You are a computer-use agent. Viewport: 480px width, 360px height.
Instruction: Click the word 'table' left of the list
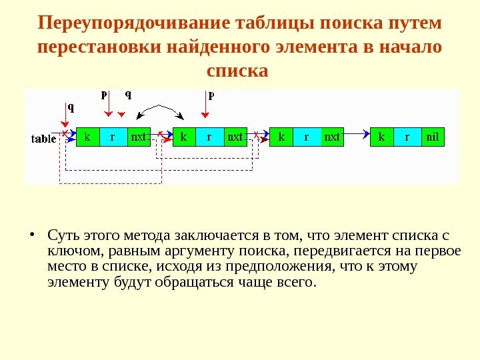45,139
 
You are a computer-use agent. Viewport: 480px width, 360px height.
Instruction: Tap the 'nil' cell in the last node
432,137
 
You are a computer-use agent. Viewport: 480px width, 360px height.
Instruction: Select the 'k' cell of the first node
87,137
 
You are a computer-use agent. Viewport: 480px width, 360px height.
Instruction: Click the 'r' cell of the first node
113,137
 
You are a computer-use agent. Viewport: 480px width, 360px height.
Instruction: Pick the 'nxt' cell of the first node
139,137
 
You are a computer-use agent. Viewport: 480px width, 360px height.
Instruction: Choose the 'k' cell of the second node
184,137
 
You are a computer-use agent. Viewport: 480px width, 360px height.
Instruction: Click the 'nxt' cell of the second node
235,137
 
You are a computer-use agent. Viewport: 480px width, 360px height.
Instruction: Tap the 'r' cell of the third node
307,137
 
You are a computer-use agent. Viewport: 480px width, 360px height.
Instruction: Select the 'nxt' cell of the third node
332,137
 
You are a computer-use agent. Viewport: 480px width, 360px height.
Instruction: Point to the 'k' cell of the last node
382,137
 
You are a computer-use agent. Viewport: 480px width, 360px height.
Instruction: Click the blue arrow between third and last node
357,135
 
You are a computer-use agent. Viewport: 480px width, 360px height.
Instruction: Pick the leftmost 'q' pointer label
71,106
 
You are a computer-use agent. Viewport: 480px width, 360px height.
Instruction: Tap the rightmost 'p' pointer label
211,95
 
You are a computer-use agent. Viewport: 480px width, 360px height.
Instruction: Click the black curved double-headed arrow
159,108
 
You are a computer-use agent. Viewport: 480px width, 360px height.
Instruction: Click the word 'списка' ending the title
238,69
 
